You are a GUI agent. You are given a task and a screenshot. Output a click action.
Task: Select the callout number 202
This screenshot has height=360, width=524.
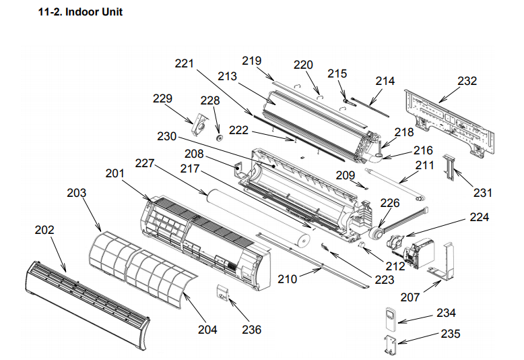(45, 229)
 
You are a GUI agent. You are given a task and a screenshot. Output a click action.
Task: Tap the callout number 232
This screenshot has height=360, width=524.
(467, 81)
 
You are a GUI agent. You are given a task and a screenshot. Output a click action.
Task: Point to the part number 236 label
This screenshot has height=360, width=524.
(251, 330)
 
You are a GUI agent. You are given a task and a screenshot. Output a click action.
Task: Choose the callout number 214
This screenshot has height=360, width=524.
(385, 81)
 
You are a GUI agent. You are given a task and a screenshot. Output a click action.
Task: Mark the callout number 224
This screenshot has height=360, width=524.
(480, 217)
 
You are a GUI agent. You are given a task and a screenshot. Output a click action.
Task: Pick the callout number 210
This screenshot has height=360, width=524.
(288, 278)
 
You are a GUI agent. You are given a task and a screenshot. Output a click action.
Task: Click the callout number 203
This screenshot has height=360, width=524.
(77, 193)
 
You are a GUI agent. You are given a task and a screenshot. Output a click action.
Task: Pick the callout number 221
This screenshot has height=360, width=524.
(184, 64)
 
